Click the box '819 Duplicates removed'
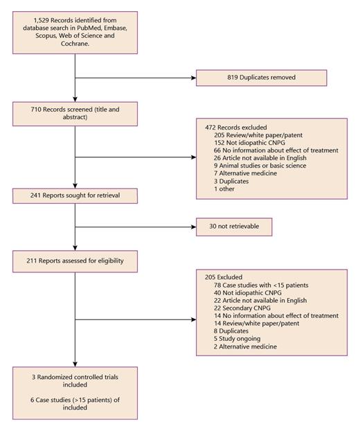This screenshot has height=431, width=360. (261, 78)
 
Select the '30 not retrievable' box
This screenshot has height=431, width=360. (233, 227)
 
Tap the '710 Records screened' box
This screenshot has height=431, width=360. (75, 113)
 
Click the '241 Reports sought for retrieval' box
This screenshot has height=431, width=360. (75, 196)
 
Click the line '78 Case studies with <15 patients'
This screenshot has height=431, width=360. (251, 285)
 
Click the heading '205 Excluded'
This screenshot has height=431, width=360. (219, 276)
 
